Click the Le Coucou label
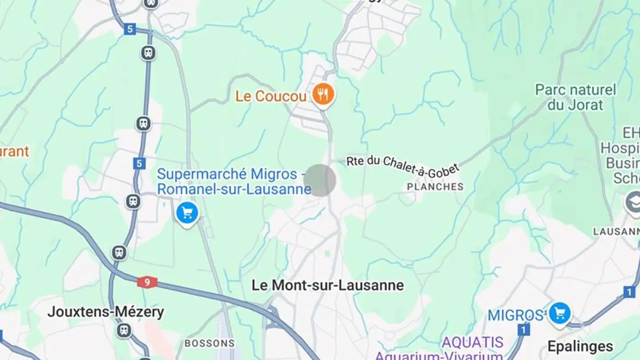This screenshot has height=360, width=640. click(x=271, y=96)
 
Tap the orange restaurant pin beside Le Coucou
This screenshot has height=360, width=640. click(x=323, y=94)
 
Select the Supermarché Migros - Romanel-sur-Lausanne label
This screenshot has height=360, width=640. click(x=234, y=181)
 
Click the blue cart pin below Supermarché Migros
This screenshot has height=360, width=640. click(x=187, y=213)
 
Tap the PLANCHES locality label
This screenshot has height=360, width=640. click(x=435, y=187)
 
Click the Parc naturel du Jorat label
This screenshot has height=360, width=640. click(x=576, y=97)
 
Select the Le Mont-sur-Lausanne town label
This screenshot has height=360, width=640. click(x=328, y=285)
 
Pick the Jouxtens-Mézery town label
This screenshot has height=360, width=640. click(x=106, y=312)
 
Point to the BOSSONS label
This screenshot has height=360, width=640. click(x=209, y=343)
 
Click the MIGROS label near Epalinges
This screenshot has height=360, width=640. click(x=516, y=315)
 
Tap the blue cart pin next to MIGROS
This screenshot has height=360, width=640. click(x=560, y=313)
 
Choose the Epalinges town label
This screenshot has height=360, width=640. click(x=580, y=346)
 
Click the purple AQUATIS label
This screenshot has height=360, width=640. click(x=472, y=342)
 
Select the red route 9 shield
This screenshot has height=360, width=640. click(x=147, y=282)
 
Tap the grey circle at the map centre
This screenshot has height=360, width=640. click(x=320, y=180)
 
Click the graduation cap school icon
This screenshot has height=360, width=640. click(x=633, y=202)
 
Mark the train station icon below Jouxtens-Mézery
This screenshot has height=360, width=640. click(x=124, y=330)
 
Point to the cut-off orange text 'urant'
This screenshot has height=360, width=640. click(x=14, y=152)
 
